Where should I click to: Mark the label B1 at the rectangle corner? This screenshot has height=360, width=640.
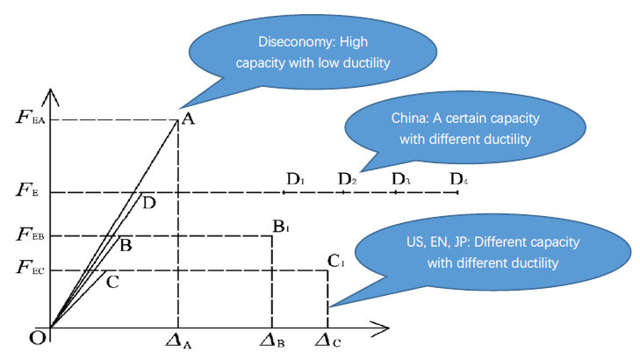(281, 227)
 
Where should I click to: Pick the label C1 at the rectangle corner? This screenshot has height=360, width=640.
(335, 261)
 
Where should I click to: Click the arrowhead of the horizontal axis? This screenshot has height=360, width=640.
(384, 328)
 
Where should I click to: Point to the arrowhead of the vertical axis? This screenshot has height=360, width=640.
(52, 92)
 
